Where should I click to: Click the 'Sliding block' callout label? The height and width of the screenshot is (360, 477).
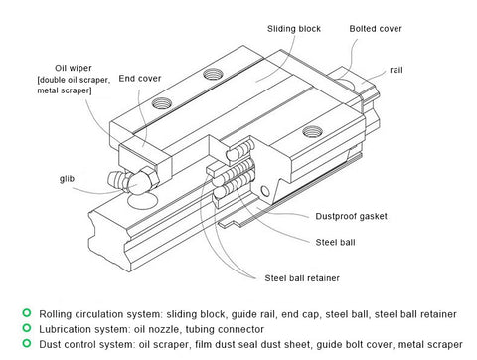294,29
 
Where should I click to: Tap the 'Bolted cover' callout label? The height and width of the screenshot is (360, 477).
376,29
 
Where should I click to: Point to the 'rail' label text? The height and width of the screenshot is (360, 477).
397,70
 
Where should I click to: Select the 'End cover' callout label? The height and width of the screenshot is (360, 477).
140,79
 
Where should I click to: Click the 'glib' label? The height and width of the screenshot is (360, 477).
67,179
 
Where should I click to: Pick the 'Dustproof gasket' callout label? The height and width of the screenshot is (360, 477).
351,216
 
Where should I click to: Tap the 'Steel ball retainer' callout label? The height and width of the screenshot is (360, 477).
302,278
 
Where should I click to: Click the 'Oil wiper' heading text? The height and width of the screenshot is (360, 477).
74,68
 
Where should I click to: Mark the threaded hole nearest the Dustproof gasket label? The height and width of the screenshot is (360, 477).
312,132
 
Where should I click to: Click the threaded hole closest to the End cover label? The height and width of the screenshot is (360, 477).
162,103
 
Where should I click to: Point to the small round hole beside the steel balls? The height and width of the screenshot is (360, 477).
265,191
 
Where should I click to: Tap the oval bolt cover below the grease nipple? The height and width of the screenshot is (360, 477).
142,201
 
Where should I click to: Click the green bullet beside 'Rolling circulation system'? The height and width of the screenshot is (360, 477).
27,312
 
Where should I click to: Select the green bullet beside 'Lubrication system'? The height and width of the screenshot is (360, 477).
27,328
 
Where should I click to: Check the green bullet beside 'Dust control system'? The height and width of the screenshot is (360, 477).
27,343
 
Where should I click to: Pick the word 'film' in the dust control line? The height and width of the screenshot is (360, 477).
201,344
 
